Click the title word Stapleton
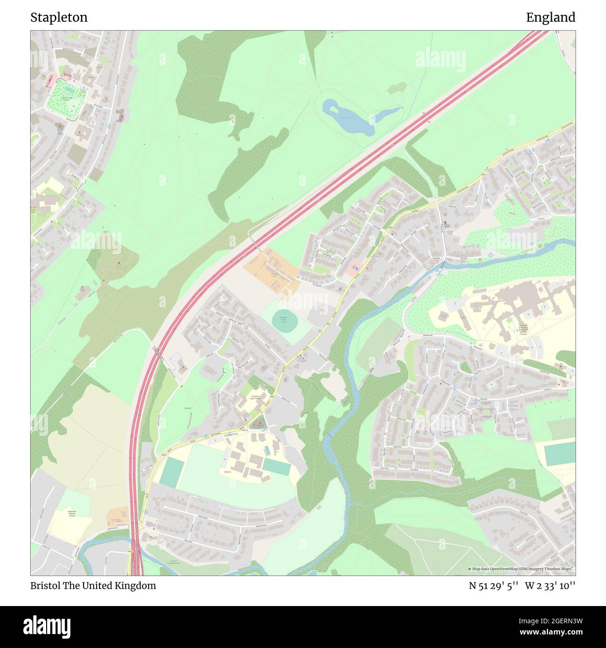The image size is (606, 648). click(59, 18)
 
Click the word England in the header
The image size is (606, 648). click(551, 18)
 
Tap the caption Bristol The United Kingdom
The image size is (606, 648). click(93, 586)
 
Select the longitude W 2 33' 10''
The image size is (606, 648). click(550, 586)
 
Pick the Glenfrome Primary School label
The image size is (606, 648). click(72, 513)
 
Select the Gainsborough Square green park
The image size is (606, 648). click(65, 98)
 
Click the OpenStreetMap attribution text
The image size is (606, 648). click(521, 569)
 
